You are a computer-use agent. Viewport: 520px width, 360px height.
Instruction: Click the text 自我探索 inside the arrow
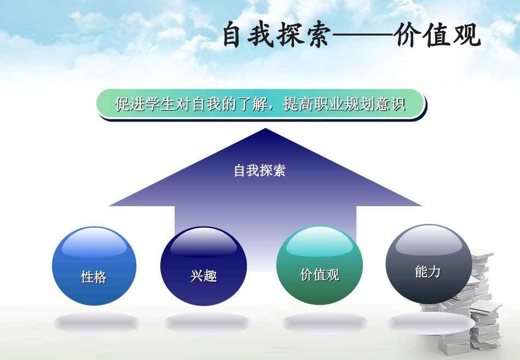tap(259, 171)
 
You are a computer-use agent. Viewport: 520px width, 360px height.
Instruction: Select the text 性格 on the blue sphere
tap(94, 277)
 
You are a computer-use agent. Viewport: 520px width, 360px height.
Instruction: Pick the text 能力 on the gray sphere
tap(427, 272)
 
